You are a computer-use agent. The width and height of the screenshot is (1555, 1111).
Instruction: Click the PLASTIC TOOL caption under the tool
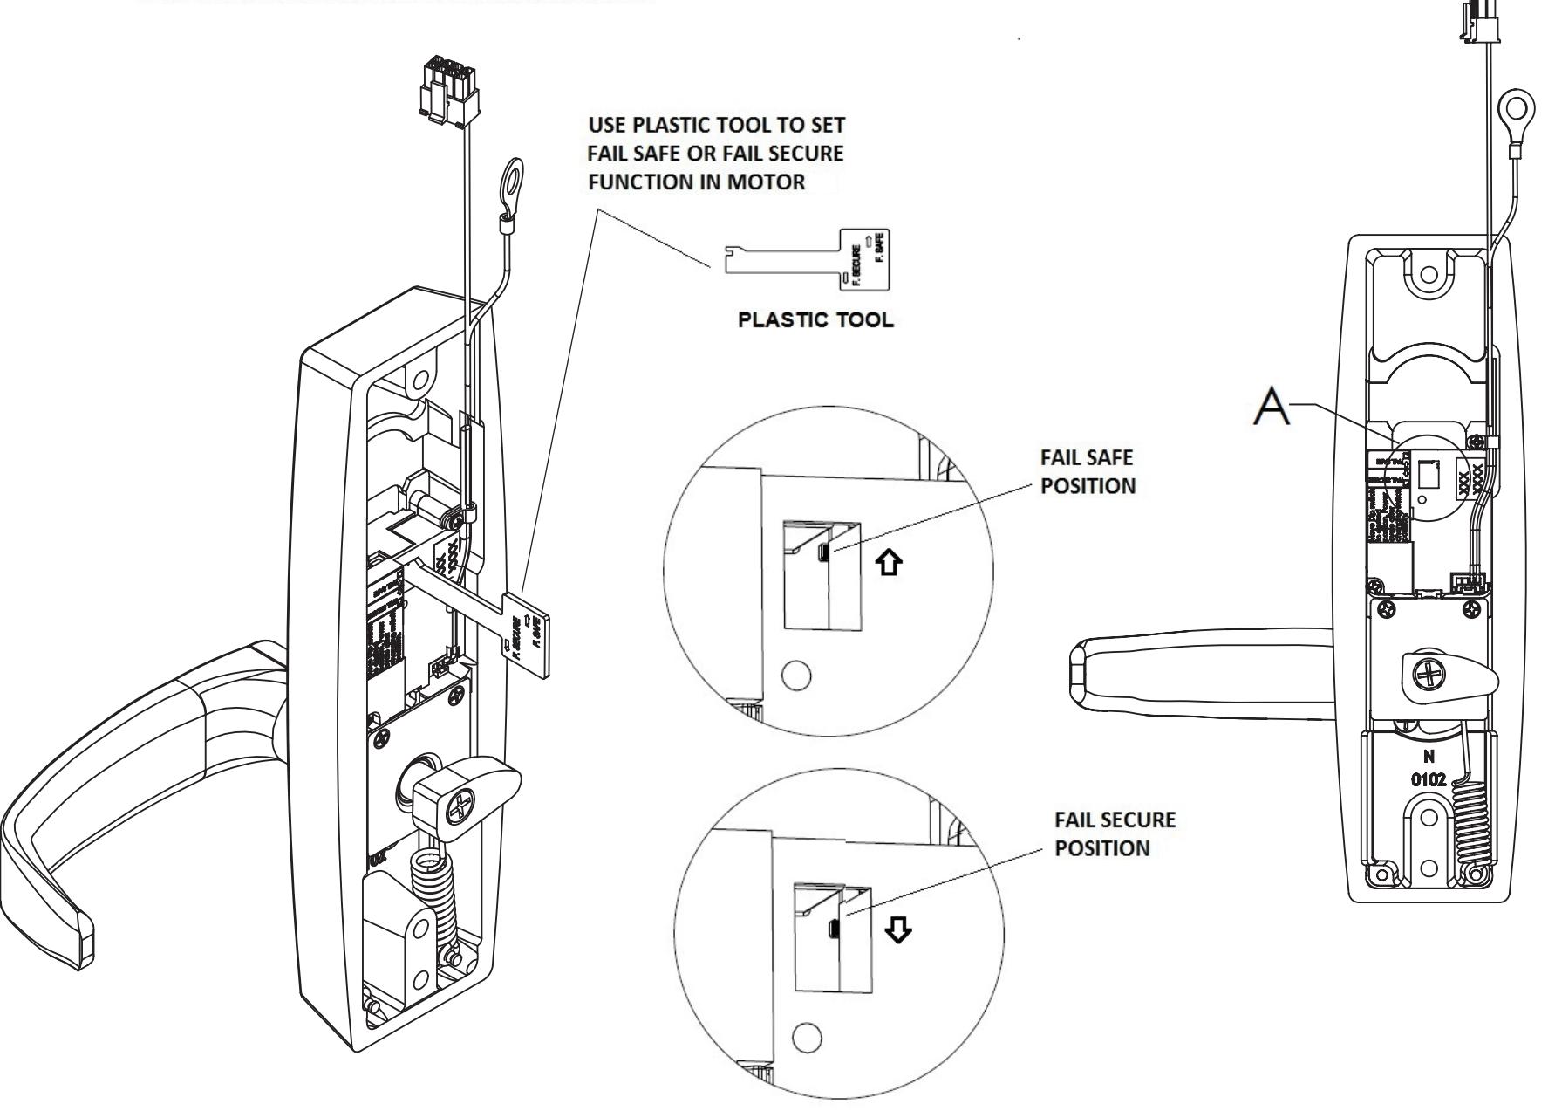pos(815,319)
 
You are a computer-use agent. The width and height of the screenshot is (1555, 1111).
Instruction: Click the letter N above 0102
pos(1429,757)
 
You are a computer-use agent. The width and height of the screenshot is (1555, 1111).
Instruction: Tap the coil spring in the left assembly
pos(433,890)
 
